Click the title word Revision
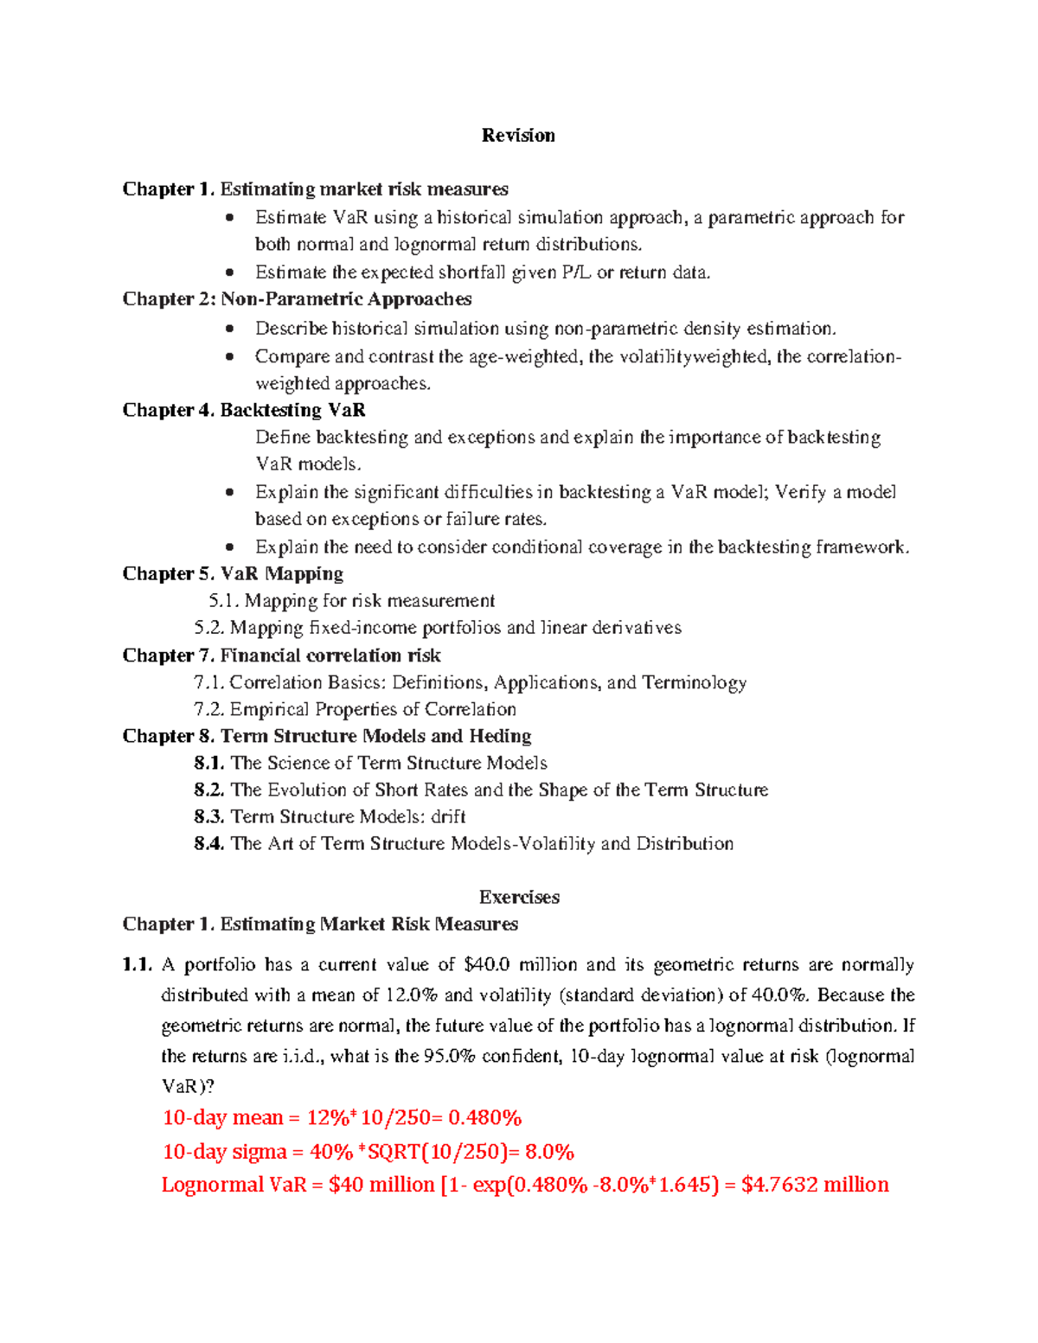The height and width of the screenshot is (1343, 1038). [518, 135]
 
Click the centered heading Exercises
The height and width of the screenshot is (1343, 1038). [519, 897]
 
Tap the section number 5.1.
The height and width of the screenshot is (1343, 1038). [223, 601]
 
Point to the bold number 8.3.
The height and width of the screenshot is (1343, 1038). [209, 816]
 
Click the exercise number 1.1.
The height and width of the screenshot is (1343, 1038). [138, 964]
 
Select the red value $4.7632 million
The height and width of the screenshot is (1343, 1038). [815, 1185]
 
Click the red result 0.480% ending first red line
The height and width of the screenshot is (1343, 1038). [484, 1118]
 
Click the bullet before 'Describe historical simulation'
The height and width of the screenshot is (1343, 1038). [229, 329]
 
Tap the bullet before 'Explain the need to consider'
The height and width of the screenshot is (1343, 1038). [229, 547]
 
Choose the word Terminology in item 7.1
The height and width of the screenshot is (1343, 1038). [694, 682]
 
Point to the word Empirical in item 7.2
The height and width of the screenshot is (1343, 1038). [269, 709]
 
